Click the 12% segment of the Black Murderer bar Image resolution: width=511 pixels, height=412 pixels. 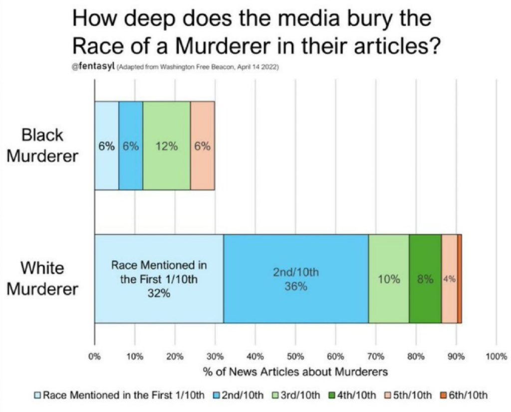pos(167,146)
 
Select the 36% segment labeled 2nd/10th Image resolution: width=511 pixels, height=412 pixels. pos(295,278)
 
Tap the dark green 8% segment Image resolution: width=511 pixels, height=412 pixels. pos(425,278)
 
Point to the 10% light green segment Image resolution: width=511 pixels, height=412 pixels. pos(388,278)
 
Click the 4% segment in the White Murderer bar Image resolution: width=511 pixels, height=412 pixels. pos(449,278)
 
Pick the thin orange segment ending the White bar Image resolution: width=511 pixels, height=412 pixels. pos(460,278)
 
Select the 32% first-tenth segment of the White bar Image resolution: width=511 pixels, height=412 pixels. pos(159,278)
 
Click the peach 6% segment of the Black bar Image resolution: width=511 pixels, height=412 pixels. pos(202,146)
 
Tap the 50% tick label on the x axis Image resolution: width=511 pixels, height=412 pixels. pos(295,356)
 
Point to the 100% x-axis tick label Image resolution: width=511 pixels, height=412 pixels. pos(496,356)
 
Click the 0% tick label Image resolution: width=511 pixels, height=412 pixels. pos(94,356)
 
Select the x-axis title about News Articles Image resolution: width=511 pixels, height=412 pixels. pos(295,372)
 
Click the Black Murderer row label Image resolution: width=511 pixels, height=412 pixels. pos(42,145)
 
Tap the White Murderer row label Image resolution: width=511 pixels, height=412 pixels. pos(42,278)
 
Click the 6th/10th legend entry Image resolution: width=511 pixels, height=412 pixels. pos(463,395)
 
